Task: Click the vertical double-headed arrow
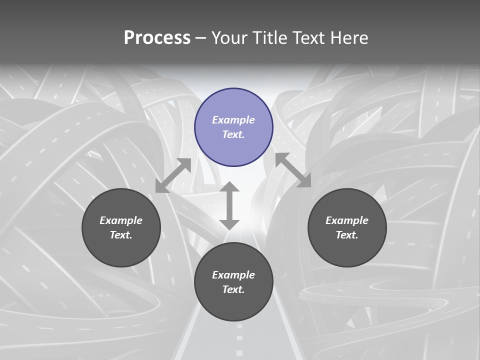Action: pyautogui.click(x=229, y=205)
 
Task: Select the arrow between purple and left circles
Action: pyautogui.click(x=173, y=175)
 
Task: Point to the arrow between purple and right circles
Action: pyautogui.click(x=293, y=170)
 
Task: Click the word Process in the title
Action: pyautogui.click(x=157, y=38)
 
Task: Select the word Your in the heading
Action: pyautogui.click(x=228, y=38)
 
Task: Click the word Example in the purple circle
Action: pyautogui.click(x=233, y=120)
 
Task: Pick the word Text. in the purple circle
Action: pyautogui.click(x=233, y=134)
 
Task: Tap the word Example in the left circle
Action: pyautogui.click(x=121, y=220)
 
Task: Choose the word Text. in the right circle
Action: pyautogui.click(x=347, y=235)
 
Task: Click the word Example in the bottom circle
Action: pyautogui.click(x=233, y=275)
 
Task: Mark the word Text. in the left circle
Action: pyautogui.click(x=121, y=235)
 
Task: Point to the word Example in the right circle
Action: pyautogui.click(x=347, y=220)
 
